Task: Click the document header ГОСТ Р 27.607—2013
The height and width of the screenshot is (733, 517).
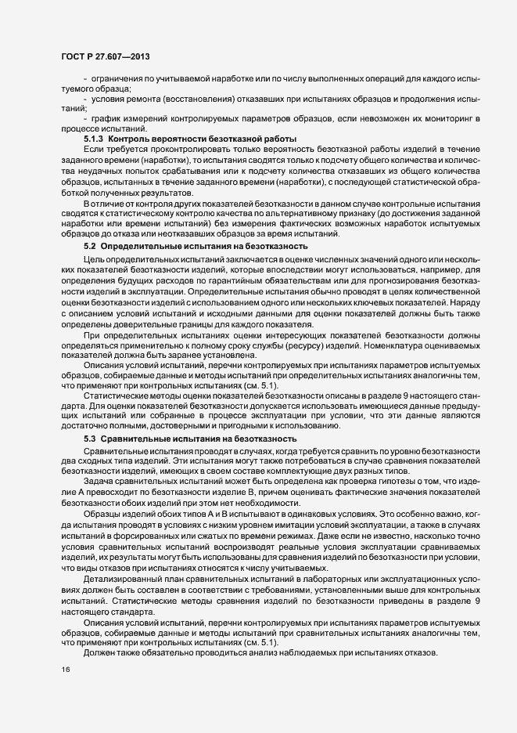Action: pyautogui.click(x=106, y=57)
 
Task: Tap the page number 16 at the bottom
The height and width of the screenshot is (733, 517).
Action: pyautogui.click(x=66, y=669)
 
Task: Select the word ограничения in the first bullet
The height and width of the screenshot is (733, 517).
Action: pyautogui.click(x=117, y=80)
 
